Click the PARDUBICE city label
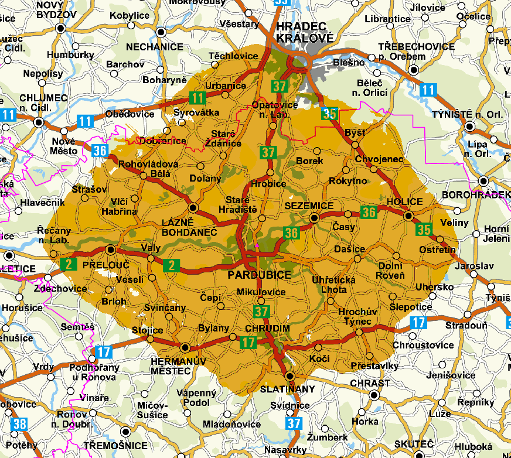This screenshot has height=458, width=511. pos(260,275)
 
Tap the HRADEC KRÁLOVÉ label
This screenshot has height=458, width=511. pos(304,32)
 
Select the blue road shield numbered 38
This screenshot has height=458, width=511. pos(19,423)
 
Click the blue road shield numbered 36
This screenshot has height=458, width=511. pos(99,151)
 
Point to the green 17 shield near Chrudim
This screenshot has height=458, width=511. pos(249,342)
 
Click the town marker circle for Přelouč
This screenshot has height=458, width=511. pos(111,249)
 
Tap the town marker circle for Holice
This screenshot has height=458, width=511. pos(408,216)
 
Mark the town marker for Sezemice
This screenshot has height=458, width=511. pos(314,217)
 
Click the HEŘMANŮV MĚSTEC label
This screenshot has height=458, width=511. pos(178,366)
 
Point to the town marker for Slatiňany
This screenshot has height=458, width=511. pos(289,376)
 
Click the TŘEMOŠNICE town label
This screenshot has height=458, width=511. pos(123,446)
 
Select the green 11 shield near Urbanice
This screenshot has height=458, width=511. pos(197,98)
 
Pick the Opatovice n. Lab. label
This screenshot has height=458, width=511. pos(271,110)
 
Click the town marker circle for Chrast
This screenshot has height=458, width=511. pos(374,395)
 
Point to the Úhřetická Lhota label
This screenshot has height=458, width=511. pos(334,285)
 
